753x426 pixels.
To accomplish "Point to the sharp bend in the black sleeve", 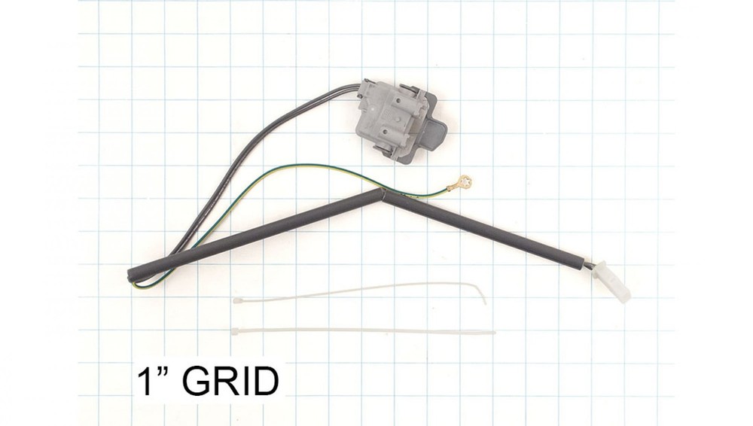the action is coord(382,193).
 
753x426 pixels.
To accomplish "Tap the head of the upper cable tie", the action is coord(237,300).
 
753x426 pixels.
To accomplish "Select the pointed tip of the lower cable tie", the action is coord(494,332).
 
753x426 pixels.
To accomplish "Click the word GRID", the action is coord(230,382).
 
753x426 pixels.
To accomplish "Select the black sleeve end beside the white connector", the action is coord(582,260).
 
